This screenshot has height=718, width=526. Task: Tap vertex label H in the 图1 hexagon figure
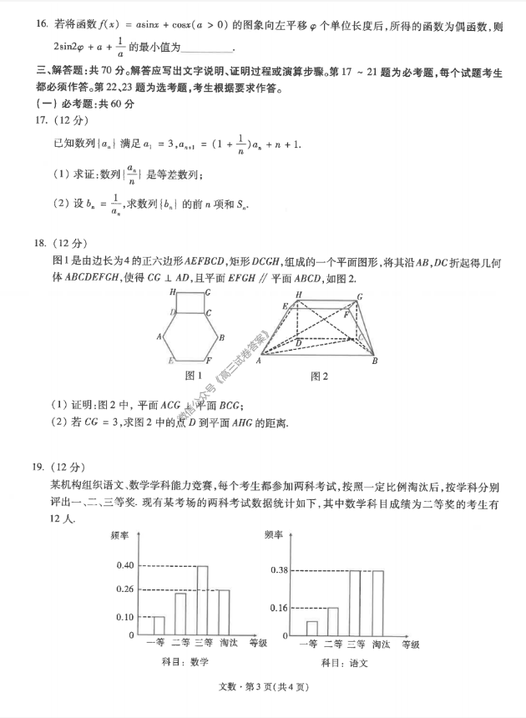tap(172, 293)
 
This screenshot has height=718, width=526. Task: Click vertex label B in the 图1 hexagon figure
tap(220, 337)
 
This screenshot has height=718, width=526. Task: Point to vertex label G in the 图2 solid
tap(360, 297)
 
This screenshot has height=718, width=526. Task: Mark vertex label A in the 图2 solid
tap(259, 360)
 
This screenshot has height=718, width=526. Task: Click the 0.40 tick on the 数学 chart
tap(125, 565)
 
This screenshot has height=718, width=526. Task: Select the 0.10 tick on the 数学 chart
tap(125, 617)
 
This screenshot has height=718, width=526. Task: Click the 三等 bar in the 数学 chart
tap(202, 600)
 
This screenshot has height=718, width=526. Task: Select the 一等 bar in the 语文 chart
tap(311, 628)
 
